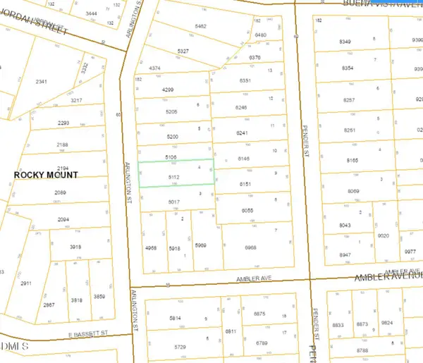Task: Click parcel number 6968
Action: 250,248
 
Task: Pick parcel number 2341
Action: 41,82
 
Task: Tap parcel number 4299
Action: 168,90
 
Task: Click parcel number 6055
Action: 246,210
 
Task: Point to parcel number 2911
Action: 25,283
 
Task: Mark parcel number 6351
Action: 245,81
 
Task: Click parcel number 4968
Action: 150,248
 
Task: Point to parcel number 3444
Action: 90,13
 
